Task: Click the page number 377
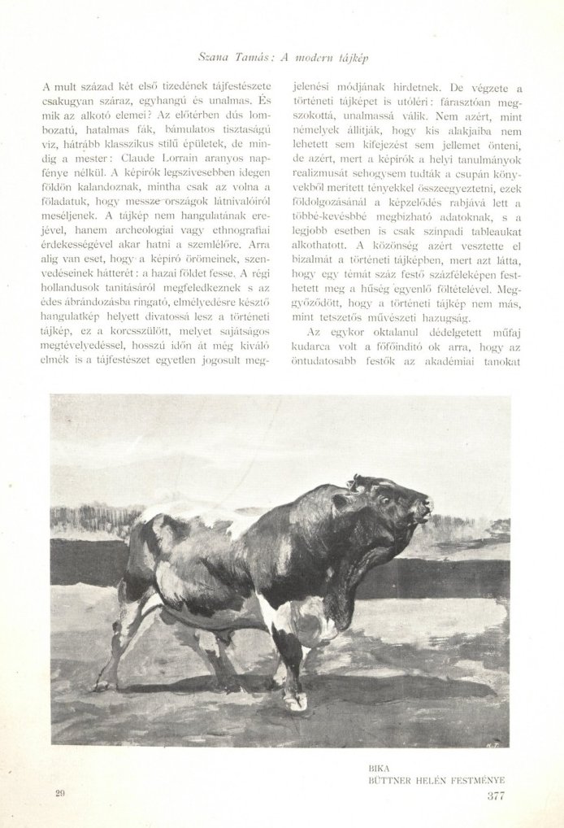[x=496, y=795]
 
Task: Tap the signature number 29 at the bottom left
[x=60, y=792]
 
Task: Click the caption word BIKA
[x=380, y=766]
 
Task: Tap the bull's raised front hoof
[x=296, y=701]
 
